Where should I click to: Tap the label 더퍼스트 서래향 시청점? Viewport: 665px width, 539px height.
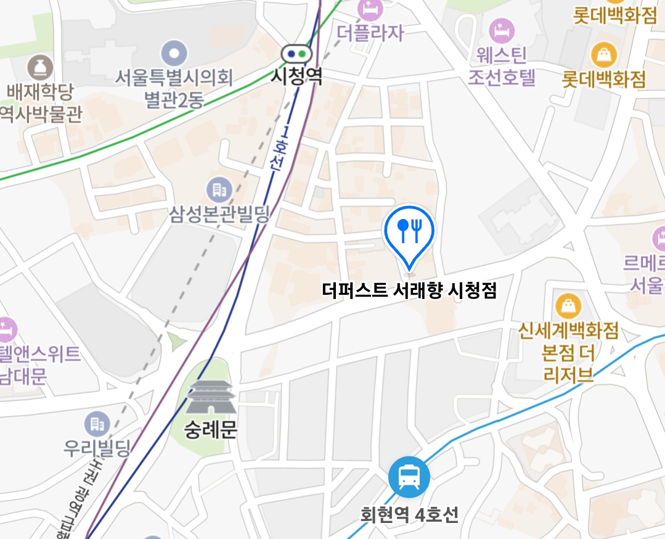[409, 290]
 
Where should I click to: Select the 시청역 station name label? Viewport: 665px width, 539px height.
[298, 76]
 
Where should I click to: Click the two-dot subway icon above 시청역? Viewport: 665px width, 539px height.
[296, 54]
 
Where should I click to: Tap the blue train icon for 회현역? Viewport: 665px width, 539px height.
[409, 476]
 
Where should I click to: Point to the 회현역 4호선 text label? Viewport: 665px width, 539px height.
[409, 514]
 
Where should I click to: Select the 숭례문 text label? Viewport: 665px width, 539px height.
[211, 429]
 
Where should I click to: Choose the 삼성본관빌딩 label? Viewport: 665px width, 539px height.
[220, 215]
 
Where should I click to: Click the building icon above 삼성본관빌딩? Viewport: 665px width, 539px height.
[219, 187]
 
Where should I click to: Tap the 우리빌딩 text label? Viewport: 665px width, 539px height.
[97, 448]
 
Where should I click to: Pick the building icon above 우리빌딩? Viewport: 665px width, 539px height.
[96, 424]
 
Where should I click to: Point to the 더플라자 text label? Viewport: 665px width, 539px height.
[370, 32]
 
